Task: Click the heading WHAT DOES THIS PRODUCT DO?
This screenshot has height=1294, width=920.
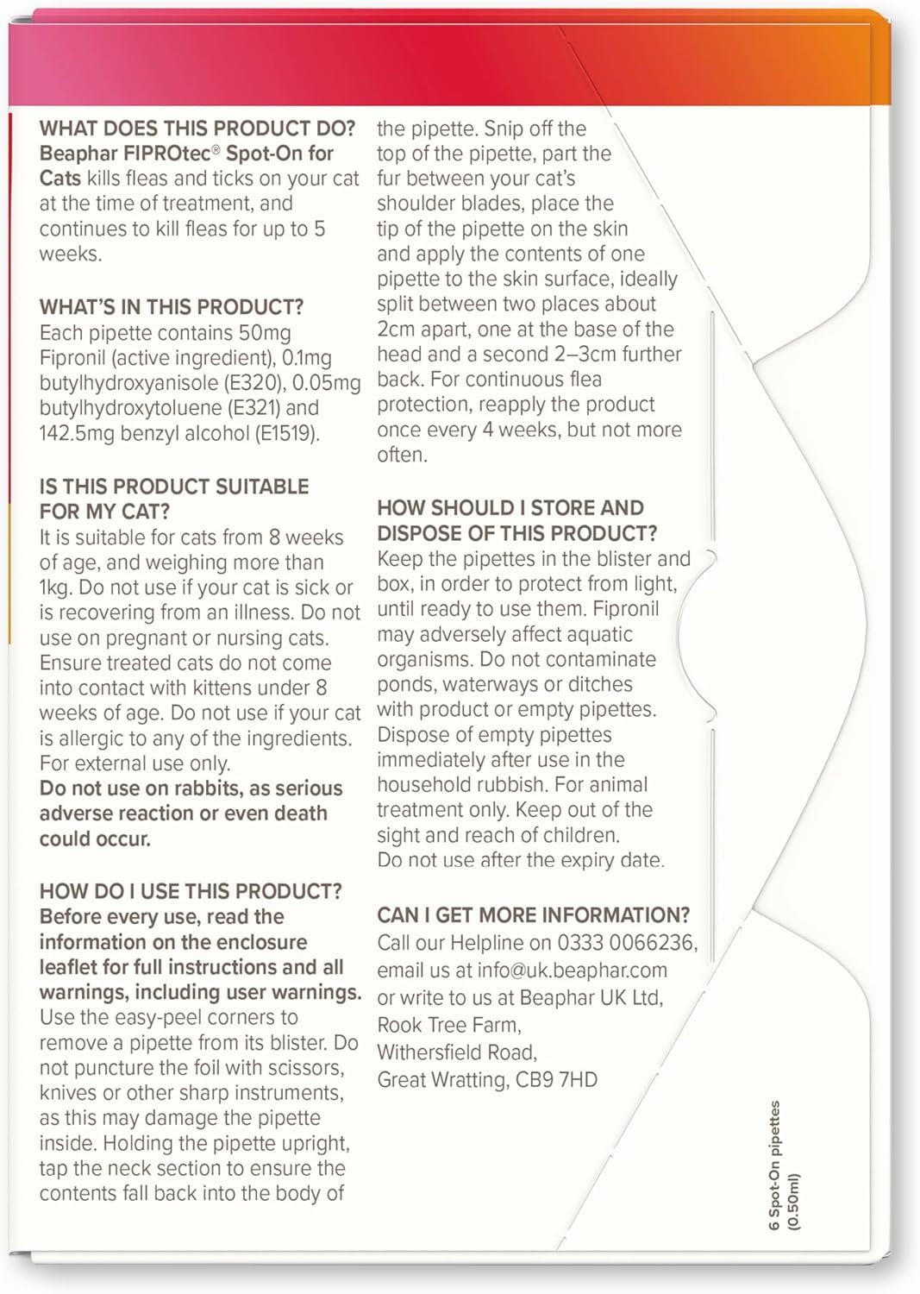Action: click(197, 129)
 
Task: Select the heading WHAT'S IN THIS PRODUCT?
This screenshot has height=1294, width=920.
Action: click(172, 307)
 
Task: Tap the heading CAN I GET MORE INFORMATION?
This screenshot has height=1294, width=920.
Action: click(534, 915)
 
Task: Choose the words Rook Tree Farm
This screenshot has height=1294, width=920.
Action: click(449, 1025)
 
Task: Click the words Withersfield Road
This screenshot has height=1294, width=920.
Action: click(457, 1052)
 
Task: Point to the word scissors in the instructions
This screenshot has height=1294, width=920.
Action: click(300, 1068)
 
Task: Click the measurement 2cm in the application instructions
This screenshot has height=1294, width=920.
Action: click(397, 329)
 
